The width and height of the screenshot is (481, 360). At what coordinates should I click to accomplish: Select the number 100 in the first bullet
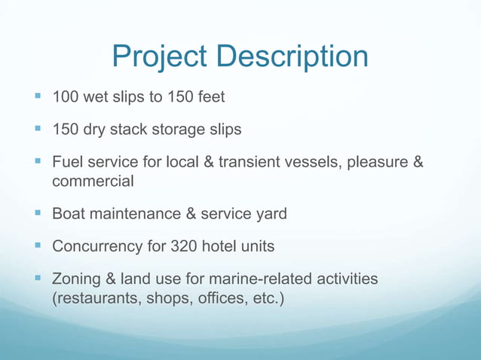tap(66, 97)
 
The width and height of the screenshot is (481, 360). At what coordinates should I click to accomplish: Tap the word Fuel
tap(66, 162)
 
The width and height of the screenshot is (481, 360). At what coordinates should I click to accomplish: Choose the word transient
tap(259, 162)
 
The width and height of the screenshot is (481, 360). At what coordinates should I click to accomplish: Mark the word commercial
tap(93, 182)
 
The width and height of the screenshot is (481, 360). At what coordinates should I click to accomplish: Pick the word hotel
tap(221, 246)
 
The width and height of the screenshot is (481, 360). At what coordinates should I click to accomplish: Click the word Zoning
tap(77, 279)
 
